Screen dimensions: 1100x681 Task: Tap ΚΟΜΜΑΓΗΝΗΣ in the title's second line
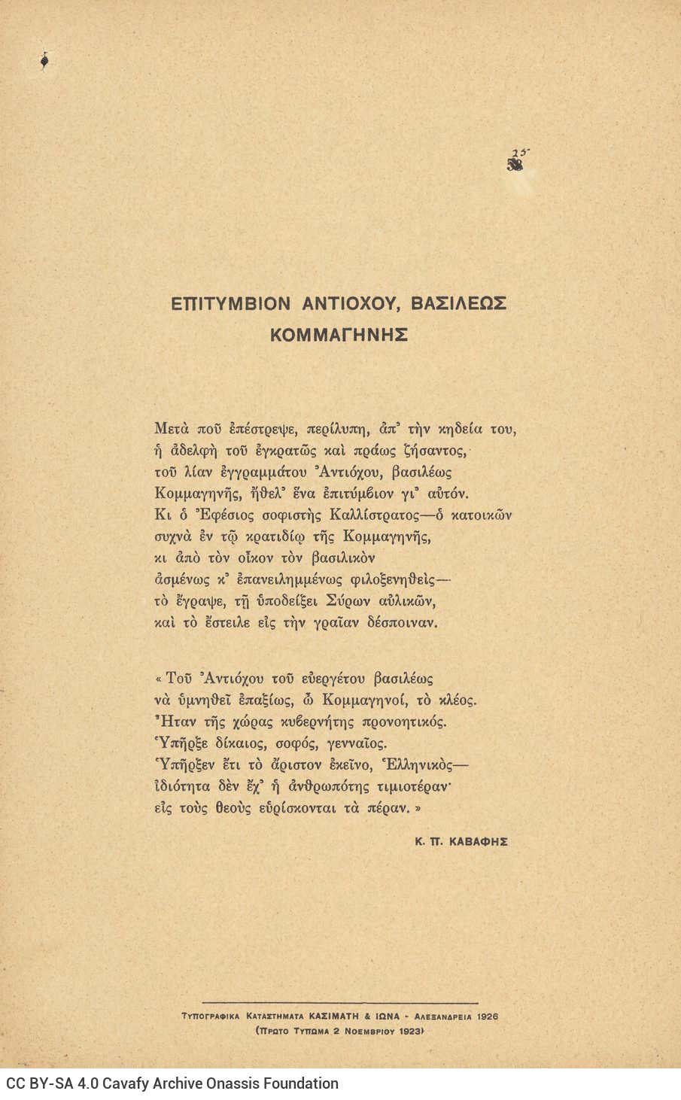(x=339, y=335)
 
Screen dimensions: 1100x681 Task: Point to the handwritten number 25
(x=519, y=153)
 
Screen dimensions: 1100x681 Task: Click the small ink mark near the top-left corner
(x=44, y=62)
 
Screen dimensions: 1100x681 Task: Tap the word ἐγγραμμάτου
(x=260, y=473)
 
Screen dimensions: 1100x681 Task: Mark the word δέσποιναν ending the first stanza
(x=403, y=623)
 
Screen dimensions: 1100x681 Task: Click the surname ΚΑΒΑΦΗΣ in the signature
(x=479, y=842)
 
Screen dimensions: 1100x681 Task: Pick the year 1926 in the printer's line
(x=487, y=1016)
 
